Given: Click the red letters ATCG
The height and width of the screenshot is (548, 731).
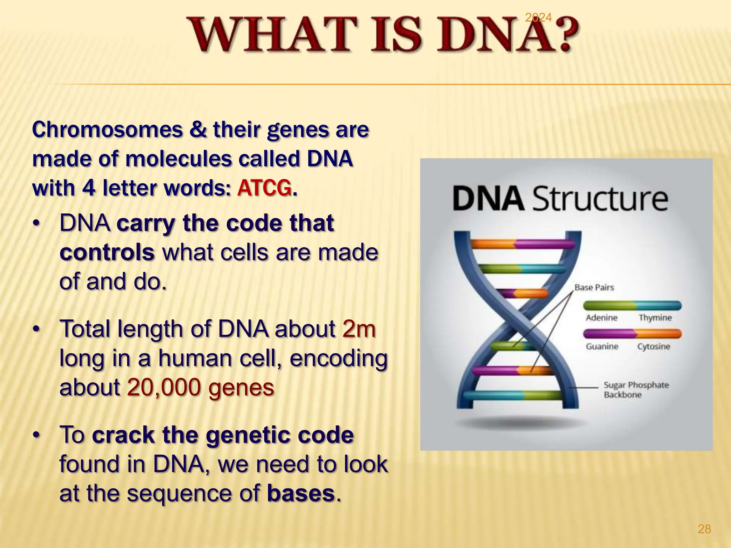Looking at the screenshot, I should click(x=264, y=188).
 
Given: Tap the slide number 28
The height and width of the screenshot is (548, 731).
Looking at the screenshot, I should click(x=704, y=529).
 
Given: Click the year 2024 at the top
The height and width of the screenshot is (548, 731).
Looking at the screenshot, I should click(x=538, y=17).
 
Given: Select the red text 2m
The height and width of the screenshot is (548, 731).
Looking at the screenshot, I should click(x=359, y=329).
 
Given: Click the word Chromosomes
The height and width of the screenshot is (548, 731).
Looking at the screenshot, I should click(x=107, y=130).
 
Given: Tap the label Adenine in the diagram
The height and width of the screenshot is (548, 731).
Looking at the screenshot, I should click(x=601, y=318).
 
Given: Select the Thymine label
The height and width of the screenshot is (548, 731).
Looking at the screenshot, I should click(x=655, y=318).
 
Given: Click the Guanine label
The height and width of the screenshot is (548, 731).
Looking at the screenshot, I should click(x=602, y=346).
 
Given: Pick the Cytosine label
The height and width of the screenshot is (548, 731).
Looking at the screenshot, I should click(x=654, y=346).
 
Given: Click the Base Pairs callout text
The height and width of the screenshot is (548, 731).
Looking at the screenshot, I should click(x=594, y=288).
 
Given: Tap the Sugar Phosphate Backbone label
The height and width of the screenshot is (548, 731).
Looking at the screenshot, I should click(x=636, y=390).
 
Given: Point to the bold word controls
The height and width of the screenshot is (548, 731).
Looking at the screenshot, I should click(x=107, y=253).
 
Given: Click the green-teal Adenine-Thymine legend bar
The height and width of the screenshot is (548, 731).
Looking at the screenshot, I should click(x=632, y=305).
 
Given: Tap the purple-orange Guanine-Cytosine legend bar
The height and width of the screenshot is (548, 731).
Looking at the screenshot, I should click(x=632, y=334).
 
